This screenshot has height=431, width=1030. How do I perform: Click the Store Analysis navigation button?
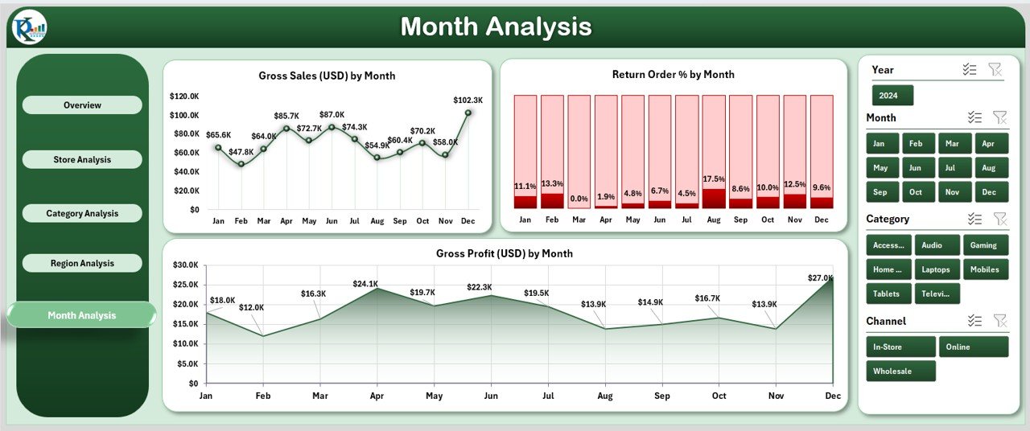(x=82, y=159)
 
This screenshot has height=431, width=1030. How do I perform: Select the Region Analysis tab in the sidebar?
(x=82, y=263)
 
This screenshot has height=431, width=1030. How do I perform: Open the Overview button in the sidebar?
(x=82, y=105)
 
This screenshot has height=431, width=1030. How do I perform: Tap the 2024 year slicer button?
(x=892, y=96)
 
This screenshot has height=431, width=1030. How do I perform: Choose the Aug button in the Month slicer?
(x=991, y=168)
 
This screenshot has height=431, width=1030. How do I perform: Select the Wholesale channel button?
(x=900, y=371)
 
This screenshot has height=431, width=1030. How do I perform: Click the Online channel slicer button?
(x=973, y=347)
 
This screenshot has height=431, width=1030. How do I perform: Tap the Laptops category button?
(x=937, y=269)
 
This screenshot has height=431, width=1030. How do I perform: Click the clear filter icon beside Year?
(x=995, y=70)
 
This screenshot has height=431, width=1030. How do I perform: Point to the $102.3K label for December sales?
(x=468, y=101)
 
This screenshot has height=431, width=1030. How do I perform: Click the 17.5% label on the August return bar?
(x=713, y=179)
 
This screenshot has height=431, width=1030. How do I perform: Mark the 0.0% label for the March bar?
(x=579, y=198)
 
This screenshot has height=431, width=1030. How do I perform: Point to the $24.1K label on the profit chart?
(x=365, y=284)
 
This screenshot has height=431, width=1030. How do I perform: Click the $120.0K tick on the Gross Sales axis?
(x=184, y=96)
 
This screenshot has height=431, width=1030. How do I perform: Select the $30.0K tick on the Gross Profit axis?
(x=186, y=265)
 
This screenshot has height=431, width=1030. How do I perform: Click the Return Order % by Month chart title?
(x=673, y=75)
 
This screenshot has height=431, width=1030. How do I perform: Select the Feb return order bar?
(x=552, y=151)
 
